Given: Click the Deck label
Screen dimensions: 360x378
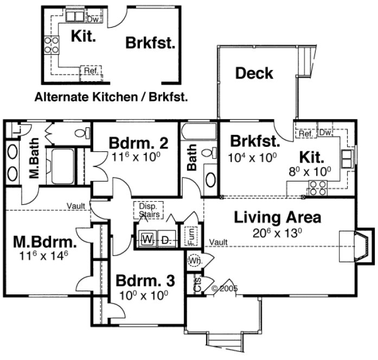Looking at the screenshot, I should point(254,73).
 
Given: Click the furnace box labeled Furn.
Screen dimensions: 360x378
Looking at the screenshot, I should point(191,236).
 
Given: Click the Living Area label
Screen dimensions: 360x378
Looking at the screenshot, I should point(277,218).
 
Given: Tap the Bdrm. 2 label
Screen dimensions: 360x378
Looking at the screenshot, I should point(138,144).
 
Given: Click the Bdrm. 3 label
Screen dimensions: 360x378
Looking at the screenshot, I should point(145,281).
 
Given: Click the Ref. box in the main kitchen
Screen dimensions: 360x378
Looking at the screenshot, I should point(305,133).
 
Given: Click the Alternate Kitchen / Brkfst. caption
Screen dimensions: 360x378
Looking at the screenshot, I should point(111,98).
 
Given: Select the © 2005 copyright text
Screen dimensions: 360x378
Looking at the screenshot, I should point(224,288).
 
